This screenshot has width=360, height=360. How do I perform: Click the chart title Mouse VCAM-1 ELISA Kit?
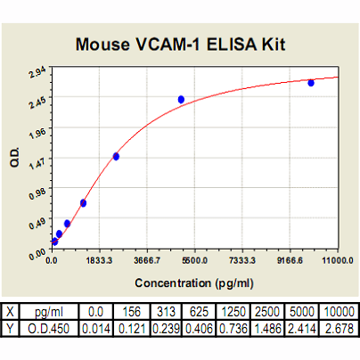[180, 45]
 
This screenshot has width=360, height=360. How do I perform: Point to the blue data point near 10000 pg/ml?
[311, 83]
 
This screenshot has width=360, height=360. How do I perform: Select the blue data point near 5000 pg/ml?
[181, 100]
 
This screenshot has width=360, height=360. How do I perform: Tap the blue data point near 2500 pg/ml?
[116, 156]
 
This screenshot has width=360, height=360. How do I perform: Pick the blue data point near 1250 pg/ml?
[83, 203]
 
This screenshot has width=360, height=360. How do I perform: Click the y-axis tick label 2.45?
[37, 102]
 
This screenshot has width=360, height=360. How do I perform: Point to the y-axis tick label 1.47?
[37, 163]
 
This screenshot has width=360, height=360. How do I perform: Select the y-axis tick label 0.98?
[37, 193]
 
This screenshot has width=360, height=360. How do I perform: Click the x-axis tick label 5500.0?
[195, 261]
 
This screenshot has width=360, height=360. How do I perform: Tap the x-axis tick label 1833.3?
[99, 261]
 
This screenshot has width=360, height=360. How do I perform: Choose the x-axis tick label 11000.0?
[338, 261]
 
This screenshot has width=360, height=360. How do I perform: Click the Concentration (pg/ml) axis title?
[194, 283]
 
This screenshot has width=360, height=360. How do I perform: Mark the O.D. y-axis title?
[14, 157]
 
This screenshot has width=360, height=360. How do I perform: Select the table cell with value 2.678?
[339, 329]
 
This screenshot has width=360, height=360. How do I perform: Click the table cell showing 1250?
[233, 312]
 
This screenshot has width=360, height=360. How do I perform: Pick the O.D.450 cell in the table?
[49, 329]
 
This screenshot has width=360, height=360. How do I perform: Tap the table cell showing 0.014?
[96, 329]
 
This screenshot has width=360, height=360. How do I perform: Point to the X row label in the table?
[10, 312]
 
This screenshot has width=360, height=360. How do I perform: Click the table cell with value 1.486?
[267, 329]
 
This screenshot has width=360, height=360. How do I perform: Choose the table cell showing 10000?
[339, 312]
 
